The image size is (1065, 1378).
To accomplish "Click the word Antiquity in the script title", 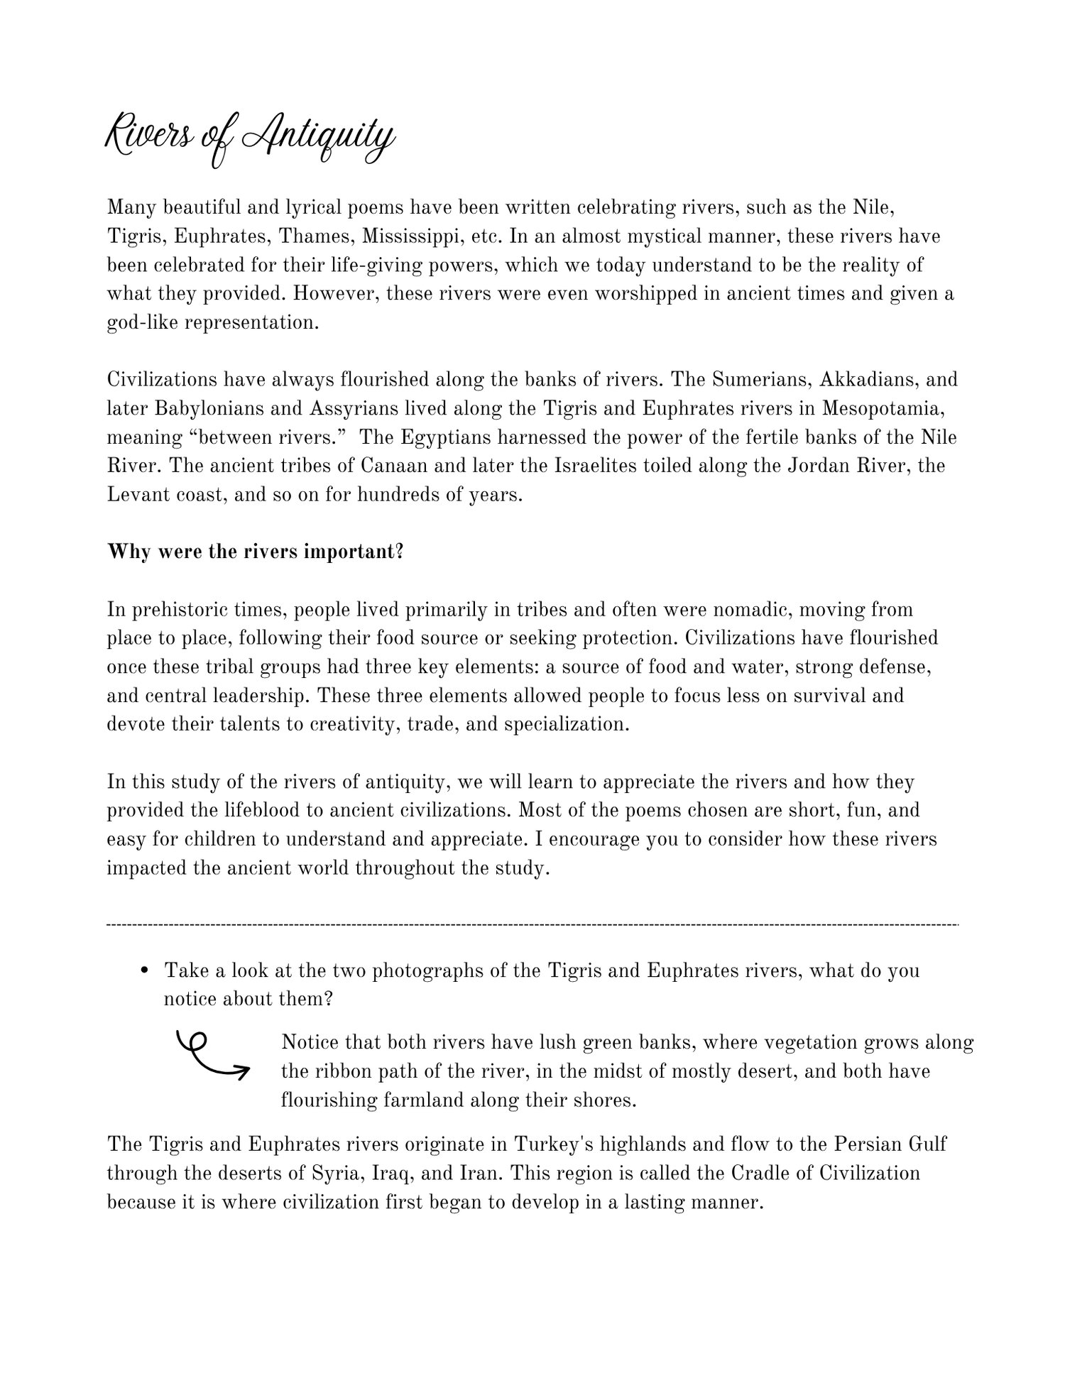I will click(x=317, y=137).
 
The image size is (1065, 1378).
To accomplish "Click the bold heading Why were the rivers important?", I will click(x=255, y=552).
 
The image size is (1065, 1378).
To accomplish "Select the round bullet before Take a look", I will click(x=145, y=970).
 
